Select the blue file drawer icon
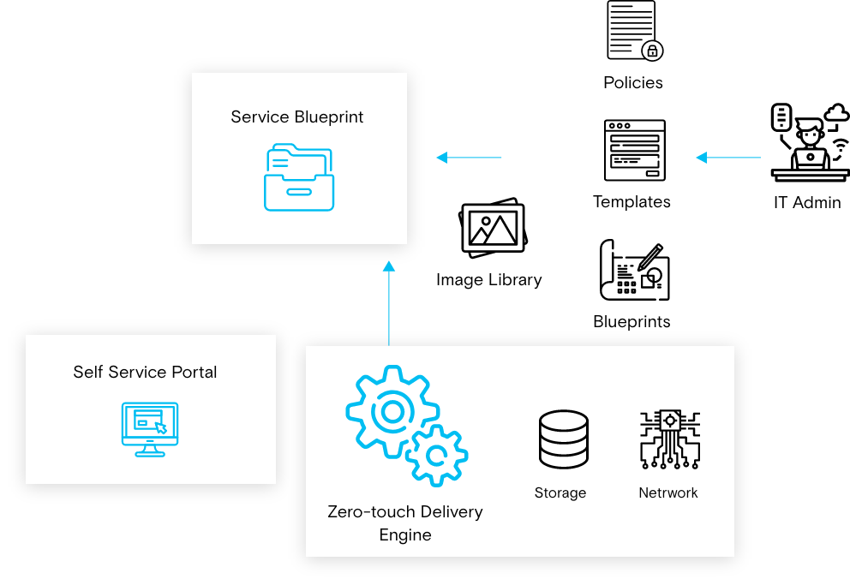(298, 177)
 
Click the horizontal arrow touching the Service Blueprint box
(468, 158)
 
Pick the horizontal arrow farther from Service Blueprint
(728, 158)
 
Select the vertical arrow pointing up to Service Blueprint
(389, 303)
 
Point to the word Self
(87, 373)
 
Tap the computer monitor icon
(150, 429)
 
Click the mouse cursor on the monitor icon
(160, 427)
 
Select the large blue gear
(392, 412)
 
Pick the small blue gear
(436, 456)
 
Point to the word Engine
(405, 535)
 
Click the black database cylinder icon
(563, 439)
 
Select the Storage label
(560, 493)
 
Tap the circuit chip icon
(669, 439)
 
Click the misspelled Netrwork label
(668, 493)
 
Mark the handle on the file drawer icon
(299, 192)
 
